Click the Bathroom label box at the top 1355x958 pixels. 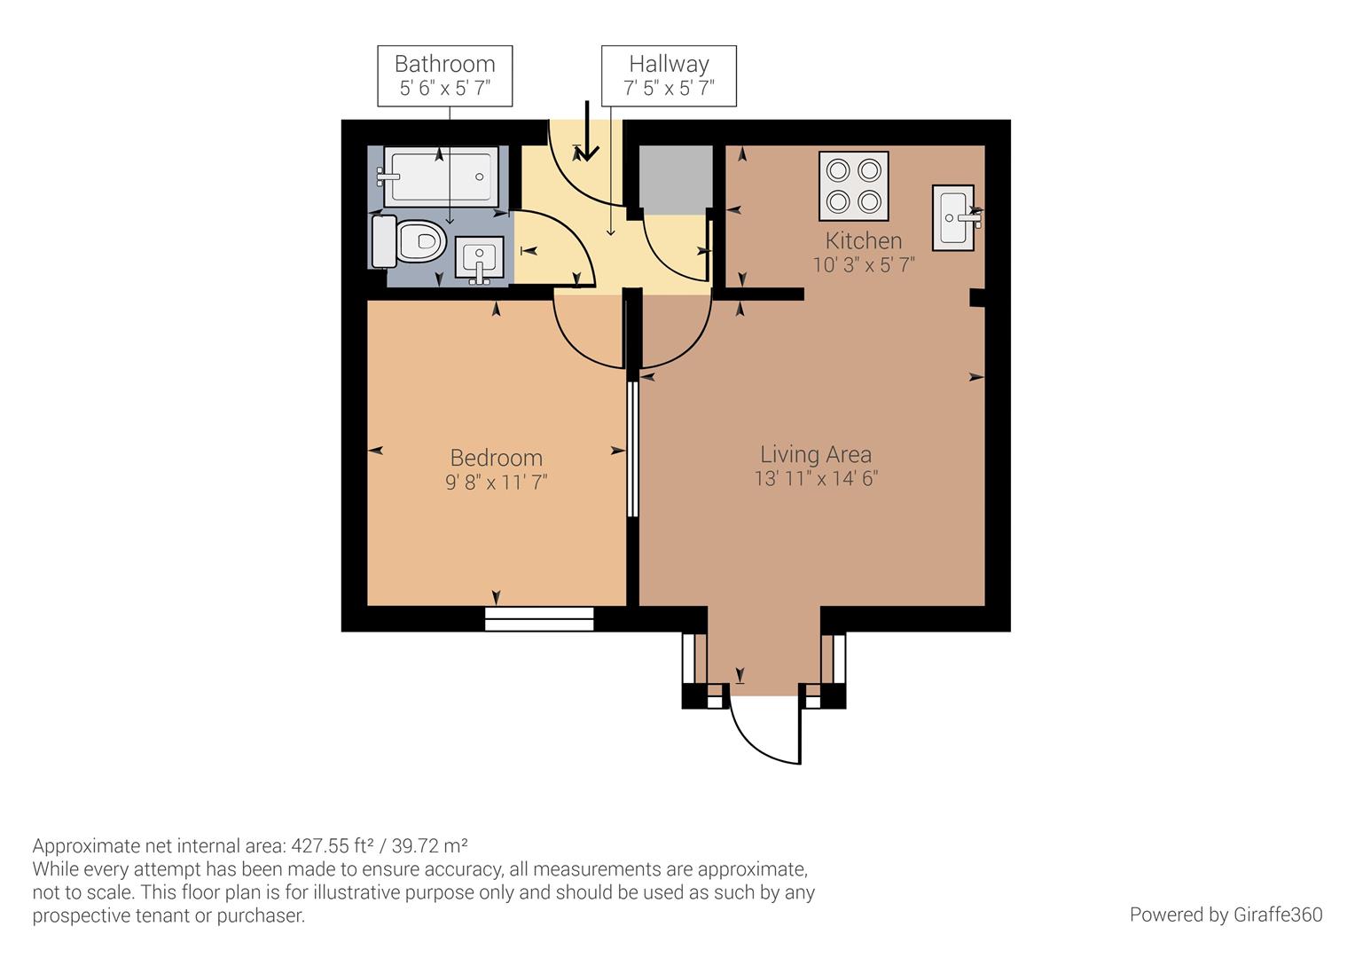(x=444, y=76)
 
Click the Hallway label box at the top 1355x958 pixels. (x=669, y=76)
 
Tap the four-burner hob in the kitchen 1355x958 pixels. (x=853, y=186)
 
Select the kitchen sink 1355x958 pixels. (x=953, y=216)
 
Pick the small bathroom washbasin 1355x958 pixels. (x=479, y=260)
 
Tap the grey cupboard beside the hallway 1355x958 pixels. (x=676, y=179)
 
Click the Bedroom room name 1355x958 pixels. (x=496, y=458)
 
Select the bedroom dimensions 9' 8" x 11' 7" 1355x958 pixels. (x=496, y=483)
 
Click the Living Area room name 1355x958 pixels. (x=815, y=454)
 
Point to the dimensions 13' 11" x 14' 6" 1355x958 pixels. (x=815, y=479)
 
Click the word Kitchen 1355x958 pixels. (x=863, y=240)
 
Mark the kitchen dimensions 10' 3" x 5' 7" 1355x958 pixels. (x=863, y=264)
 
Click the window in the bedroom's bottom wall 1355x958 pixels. (x=539, y=618)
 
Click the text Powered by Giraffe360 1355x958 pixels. (x=1226, y=915)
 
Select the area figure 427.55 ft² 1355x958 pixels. (x=329, y=844)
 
